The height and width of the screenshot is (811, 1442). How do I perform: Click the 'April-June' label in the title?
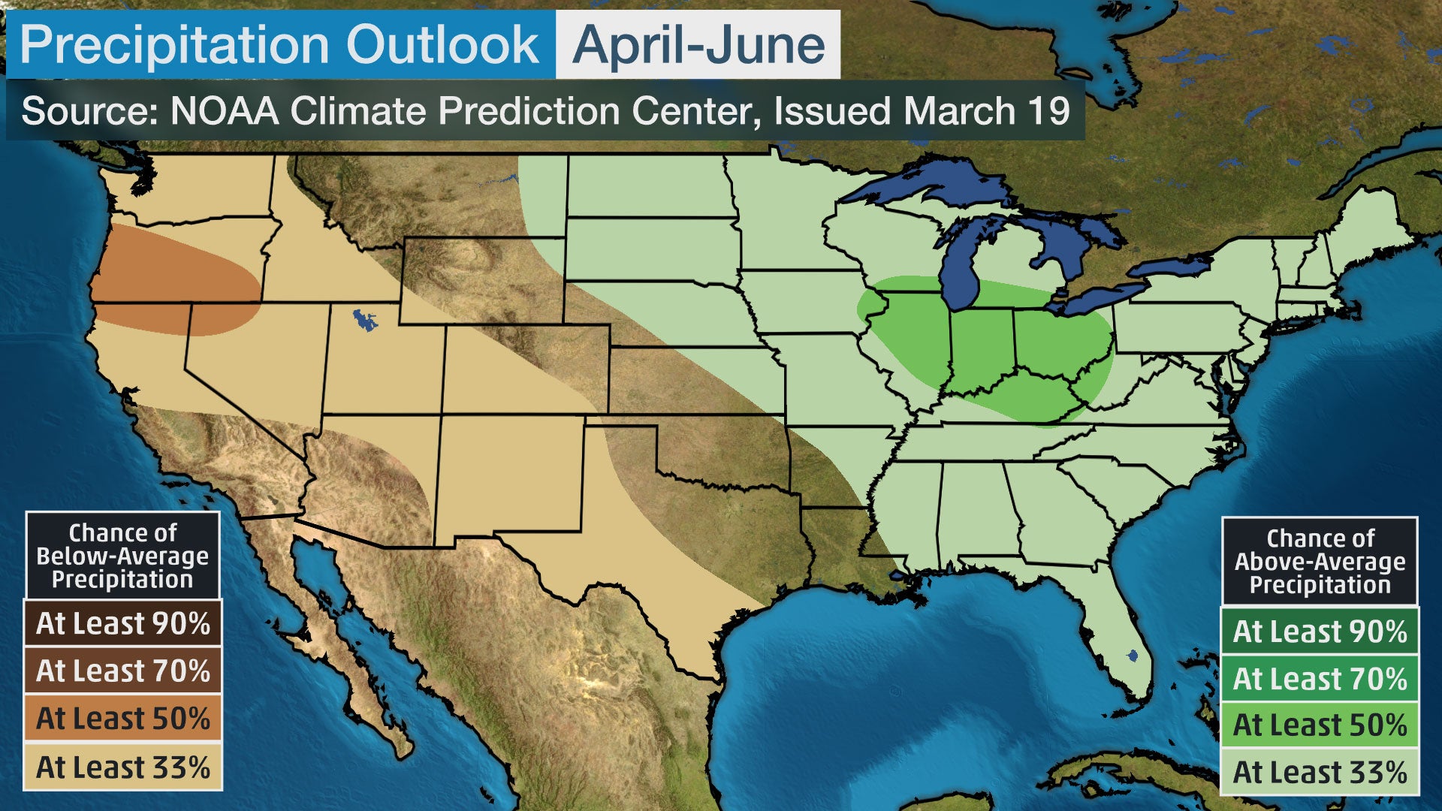(x=698, y=45)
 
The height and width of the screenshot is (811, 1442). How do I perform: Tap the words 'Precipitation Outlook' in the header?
(x=279, y=45)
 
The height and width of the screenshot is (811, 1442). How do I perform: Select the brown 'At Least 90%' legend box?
(x=123, y=623)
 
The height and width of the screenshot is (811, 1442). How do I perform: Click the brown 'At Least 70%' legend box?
(x=123, y=671)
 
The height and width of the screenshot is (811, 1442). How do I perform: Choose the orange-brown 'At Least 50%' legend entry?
(x=123, y=719)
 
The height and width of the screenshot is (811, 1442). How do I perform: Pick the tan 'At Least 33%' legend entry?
(x=123, y=767)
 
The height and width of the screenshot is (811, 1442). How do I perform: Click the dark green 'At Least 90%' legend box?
(x=1320, y=632)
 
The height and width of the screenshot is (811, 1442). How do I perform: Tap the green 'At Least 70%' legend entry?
(x=1320, y=679)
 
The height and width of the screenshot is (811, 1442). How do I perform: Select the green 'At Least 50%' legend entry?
(x=1320, y=725)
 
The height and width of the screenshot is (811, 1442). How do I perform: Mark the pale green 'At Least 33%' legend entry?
(x=1320, y=772)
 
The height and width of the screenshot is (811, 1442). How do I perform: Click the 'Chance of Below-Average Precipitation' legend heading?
(x=123, y=556)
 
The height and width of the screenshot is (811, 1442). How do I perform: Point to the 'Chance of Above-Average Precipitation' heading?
(x=1320, y=561)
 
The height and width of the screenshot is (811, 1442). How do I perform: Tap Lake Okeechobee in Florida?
(x=1133, y=656)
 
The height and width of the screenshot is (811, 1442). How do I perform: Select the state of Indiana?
(x=980, y=345)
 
